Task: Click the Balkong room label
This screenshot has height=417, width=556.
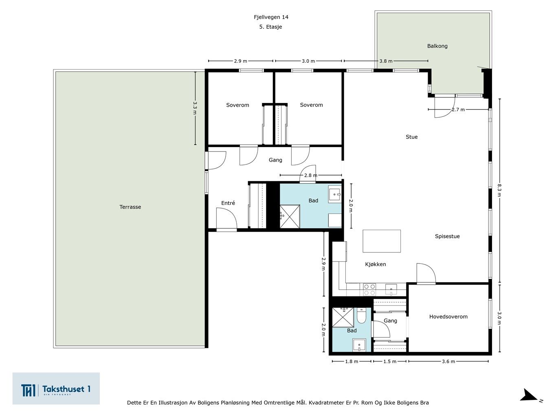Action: tap(437, 46)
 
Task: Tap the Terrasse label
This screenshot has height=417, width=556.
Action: tap(130, 207)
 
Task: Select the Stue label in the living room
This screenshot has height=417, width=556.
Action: tap(412, 137)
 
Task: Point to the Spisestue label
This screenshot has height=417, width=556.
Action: tap(447, 236)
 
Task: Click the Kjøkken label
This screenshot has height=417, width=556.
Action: tap(376, 264)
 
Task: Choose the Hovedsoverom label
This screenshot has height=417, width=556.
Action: tap(448, 316)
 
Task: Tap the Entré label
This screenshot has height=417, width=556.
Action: tap(228, 203)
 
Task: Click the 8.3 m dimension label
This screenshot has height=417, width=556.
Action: tap(499, 190)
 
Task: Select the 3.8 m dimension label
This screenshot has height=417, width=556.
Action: tap(386, 61)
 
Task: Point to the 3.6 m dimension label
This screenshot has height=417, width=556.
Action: tap(448, 361)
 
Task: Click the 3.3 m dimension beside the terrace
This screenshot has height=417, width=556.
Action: tap(195, 108)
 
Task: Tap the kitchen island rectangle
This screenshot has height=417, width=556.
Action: tap(382, 241)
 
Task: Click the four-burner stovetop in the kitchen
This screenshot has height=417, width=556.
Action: tap(369, 290)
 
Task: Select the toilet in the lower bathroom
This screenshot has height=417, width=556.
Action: tap(361, 316)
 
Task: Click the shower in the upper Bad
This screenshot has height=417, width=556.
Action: tap(290, 217)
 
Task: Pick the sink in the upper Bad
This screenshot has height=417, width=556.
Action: tap(335, 194)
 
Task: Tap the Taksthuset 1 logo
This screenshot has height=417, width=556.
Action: tap(56, 388)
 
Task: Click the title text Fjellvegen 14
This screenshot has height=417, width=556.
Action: tap(271, 17)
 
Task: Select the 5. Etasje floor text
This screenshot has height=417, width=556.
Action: tap(270, 27)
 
